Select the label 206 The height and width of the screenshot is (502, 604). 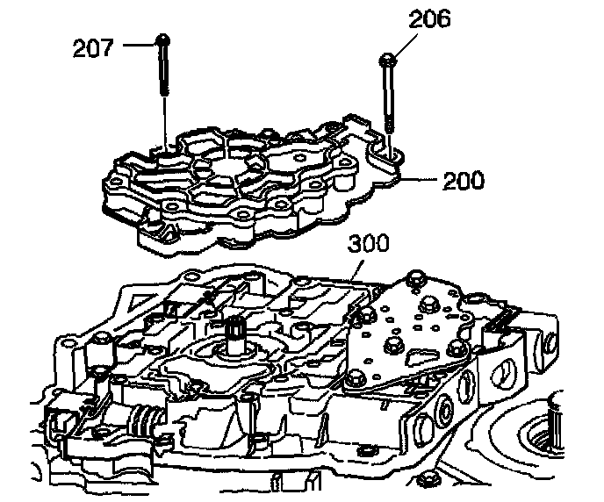[x=428, y=19]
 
